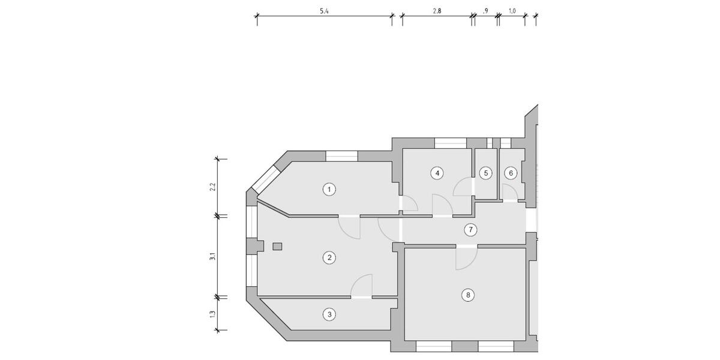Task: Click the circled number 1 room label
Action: click(328, 190)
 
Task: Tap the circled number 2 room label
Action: click(328, 257)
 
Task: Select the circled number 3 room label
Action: click(328, 314)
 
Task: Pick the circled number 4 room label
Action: click(437, 173)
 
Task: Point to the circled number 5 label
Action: click(486, 173)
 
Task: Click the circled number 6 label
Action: click(511, 173)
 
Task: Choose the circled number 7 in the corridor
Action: click(471, 229)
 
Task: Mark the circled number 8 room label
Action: click(468, 295)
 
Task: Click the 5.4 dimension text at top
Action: click(324, 11)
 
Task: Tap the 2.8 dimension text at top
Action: click(437, 11)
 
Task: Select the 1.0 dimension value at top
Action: click(512, 11)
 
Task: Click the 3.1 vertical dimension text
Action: click(212, 257)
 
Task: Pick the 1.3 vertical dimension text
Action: click(212, 314)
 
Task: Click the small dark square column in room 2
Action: click(277, 246)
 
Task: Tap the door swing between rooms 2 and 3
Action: click(362, 286)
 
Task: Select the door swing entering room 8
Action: click(466, 258)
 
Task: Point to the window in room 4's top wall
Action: click(450, 143)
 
